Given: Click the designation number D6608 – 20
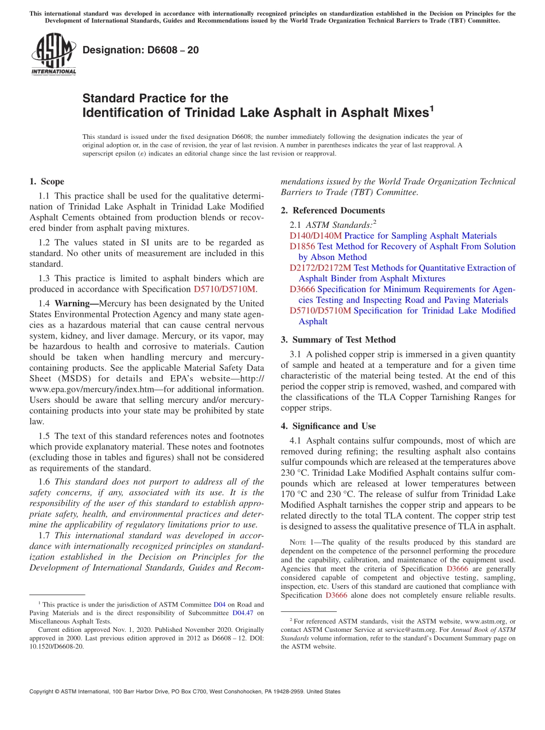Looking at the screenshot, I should pyautogui.click(x=141, y=50).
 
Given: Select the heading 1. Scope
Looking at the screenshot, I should pyautogui.click(x=46, y=182).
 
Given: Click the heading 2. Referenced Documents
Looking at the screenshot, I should pyautogui.click(x=333, y=211).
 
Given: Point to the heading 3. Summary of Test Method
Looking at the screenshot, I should pyautogui.click(x=338, y=340).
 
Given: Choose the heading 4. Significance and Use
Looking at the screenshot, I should pyautogui.click(x=328, y=426).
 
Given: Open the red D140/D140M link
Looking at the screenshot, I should pyautogui.click(x=316, y=236).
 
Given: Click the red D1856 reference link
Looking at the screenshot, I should pyautogui.click(x=302, y=246).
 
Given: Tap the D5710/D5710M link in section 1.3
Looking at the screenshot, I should pyautogui.click(x=225, y=289).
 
